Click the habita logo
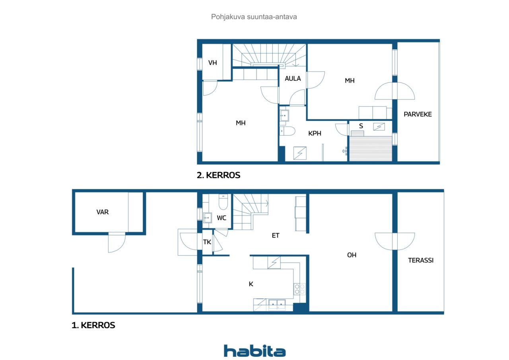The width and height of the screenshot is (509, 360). click(255, 351)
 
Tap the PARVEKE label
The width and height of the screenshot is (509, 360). click(418, 114)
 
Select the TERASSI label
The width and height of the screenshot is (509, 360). click(421, 260)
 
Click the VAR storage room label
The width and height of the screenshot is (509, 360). click(103, 212)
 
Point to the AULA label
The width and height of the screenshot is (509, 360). click(293, 78)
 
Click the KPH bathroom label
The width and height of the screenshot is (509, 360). click(315, 133)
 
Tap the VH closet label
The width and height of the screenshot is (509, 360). click(212, 63)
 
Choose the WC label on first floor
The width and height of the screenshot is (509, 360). click(221, 218)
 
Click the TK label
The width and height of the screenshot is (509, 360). click(207, 242)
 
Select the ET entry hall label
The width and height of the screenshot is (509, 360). click(276, 235)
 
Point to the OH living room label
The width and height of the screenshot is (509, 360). click(352, 255)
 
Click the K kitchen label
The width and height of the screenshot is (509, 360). click(251, 284)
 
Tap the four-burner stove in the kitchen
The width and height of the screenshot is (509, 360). click(299, 289)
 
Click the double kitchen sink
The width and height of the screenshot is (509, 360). click(277, 304)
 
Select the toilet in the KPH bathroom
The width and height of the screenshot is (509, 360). click(287, 131)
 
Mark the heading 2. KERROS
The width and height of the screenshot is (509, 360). click(218, 175)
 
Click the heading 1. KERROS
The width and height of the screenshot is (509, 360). click(93, 325)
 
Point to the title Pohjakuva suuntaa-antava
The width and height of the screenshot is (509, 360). click(254, 17)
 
